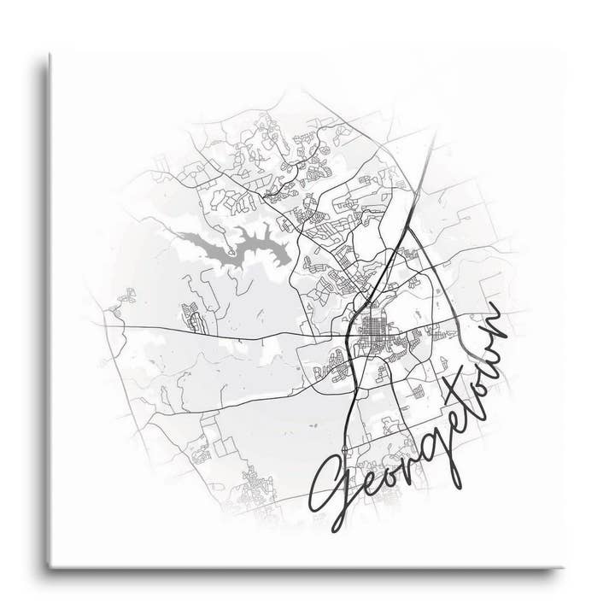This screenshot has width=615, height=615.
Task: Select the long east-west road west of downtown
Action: pos(214,331)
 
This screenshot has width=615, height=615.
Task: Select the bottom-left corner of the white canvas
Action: pos(50,565)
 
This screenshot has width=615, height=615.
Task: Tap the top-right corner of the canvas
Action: pos(563,53)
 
